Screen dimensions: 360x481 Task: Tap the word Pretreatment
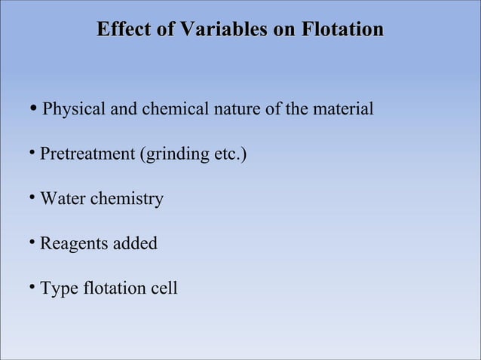click(87, 155)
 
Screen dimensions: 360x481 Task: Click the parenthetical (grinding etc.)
click(193, 155)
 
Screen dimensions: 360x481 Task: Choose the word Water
click(63, 200)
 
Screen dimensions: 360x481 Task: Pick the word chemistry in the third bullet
click(127, 200)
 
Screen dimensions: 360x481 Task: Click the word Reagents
click(72, 244)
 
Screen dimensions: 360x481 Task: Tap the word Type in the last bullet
click(59, 288)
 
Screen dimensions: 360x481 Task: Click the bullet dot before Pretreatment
click(32, 154)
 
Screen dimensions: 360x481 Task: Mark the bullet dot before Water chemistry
click(32, 198)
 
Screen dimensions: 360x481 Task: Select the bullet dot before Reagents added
click(32, 243)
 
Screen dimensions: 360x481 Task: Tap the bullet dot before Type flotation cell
click(32, 287)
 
